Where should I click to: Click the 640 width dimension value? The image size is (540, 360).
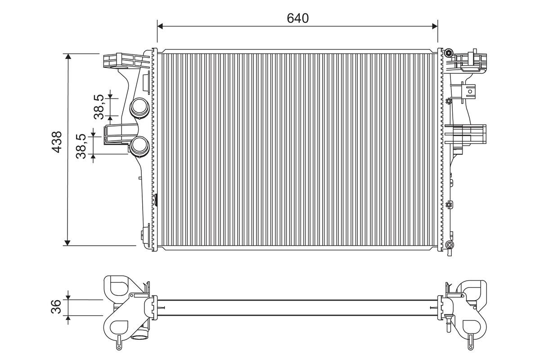click(297, 18)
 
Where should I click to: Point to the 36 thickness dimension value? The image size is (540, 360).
click(57, 307)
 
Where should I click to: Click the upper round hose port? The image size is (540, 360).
click(139, 108)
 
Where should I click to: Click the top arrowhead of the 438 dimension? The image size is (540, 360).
click(67, 57)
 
